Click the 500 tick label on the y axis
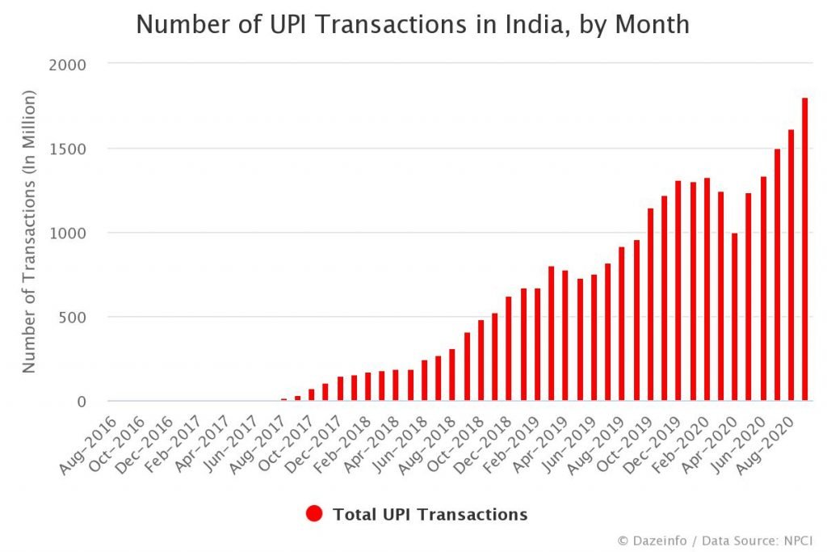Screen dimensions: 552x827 coord(72,317)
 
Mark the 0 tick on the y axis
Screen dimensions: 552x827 coord(81,402)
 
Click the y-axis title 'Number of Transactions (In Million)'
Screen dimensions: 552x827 coord(29,232)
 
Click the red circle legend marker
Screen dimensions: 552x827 coord(315,514)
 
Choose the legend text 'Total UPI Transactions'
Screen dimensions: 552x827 coord(430,514)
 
